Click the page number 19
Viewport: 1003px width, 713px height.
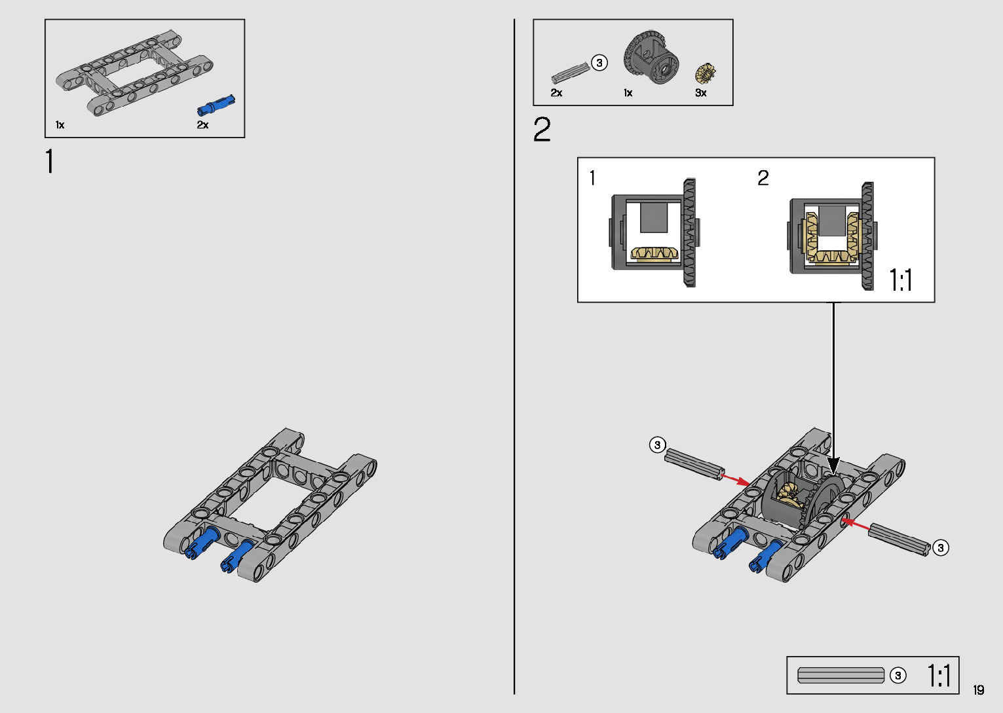tap(978, 689)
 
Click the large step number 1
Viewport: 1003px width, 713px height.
tap(50, 162)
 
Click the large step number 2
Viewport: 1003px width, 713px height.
tap(542, 130)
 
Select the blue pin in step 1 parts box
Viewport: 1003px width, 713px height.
tap(216, 105)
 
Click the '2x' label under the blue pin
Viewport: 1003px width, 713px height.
tap(202, 124)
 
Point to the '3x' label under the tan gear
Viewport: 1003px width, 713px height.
tap(700, 93)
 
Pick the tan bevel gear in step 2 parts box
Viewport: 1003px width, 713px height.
tap(705, 73)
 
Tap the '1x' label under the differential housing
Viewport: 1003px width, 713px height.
tap(628, 93)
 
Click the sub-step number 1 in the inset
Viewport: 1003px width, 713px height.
tap(592, 177)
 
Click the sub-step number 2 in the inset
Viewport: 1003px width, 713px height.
tap(763, 177)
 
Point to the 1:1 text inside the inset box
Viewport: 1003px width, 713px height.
tap(901, 280)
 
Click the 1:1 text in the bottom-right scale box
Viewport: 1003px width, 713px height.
tap(939, 675)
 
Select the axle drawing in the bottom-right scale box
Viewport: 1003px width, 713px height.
tap(841, 675)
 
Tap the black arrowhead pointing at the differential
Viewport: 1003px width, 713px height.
tap(833, 466)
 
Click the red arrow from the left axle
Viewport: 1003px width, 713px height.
tap(736, 480)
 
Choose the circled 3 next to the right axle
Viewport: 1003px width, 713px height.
tap(940, 547)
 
